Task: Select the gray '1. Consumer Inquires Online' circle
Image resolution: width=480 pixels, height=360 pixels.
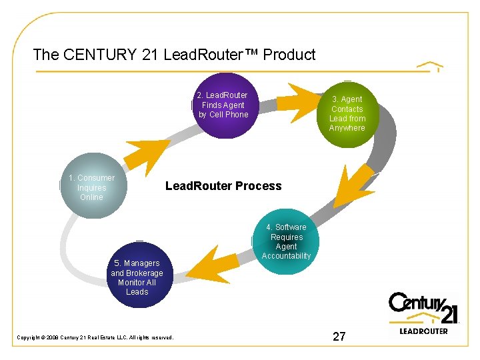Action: click(x=91, y=187)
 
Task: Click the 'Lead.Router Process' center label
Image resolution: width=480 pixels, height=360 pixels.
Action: click(x=223, y=186)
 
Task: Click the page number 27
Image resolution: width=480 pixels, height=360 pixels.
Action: click(x=339, y=337)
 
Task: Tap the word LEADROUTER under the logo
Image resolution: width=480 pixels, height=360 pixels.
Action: click(x=423, y=331)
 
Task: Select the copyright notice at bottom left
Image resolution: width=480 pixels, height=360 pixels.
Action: click(x=95, y=337)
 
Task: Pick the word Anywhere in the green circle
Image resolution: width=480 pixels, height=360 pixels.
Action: click(x=347, y=128)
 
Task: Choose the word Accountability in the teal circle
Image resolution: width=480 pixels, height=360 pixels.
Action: click(x=287, y=256)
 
